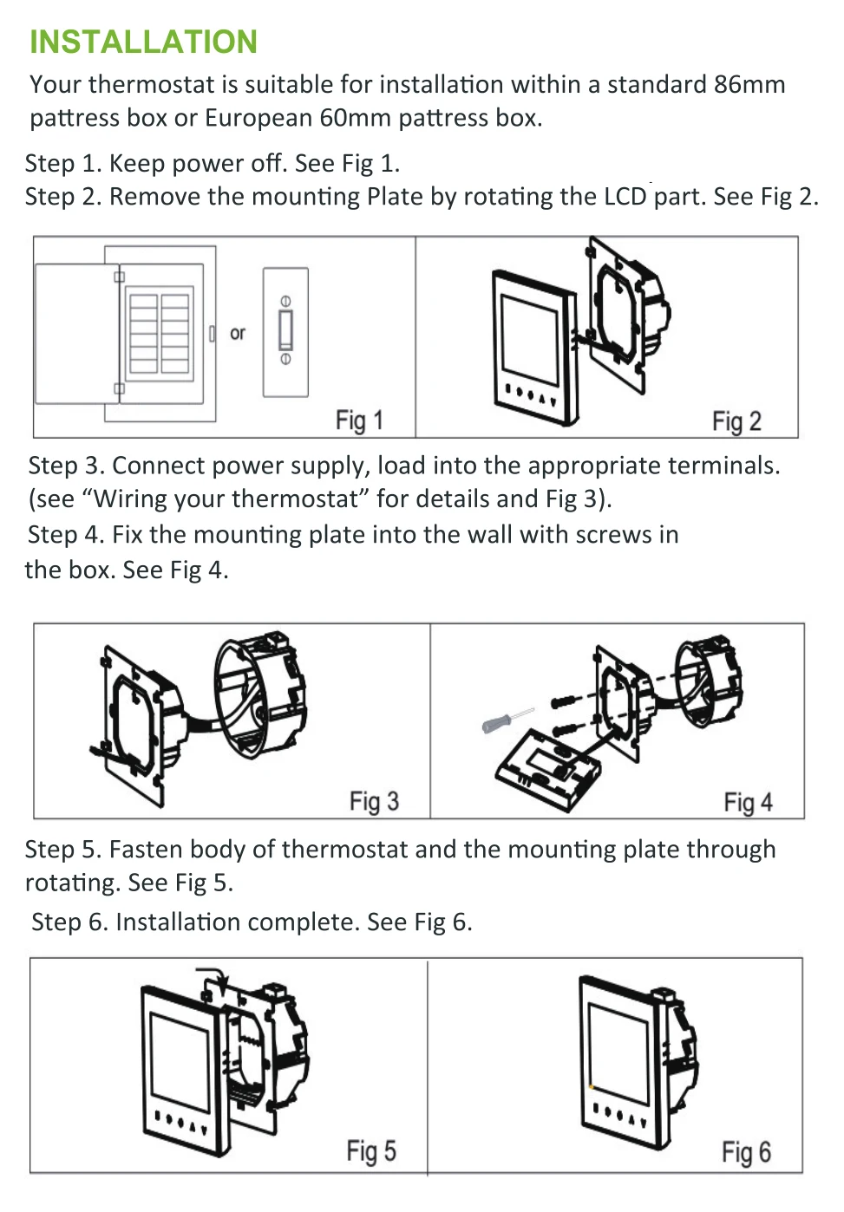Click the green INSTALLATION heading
(143, 42)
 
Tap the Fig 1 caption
(359, 421)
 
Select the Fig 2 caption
(736, 422)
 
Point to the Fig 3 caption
(374, 802)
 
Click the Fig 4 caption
(749, 803)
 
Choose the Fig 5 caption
(371, 1151)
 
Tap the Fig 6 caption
(747, 1152)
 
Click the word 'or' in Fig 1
(238, 333)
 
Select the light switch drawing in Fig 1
(286, 332)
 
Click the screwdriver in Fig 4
(507, 721)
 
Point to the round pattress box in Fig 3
(260, 695)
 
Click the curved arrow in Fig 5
(215, 975)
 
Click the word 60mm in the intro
(355, 118)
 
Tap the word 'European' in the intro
(258, 119)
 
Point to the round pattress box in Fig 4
(709, 683)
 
